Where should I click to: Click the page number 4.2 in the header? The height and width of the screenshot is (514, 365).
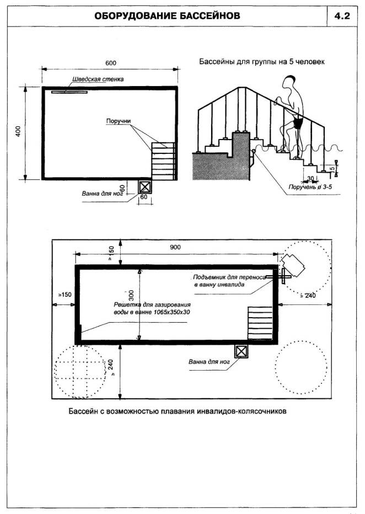pos(342,16)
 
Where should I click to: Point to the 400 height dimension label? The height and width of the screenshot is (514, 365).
pos(18,131)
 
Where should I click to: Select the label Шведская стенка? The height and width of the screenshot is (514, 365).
pos(97,79)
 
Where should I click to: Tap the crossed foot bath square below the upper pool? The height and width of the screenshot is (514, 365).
pos(145,186)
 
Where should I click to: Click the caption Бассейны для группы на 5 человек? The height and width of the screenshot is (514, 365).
pos(261,62)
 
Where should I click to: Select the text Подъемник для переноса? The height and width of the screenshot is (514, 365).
pos(229,277)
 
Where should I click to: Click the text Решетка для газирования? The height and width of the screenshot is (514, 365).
pos(152,304)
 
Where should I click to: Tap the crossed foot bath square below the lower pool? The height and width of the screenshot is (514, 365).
pos(241,351)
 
